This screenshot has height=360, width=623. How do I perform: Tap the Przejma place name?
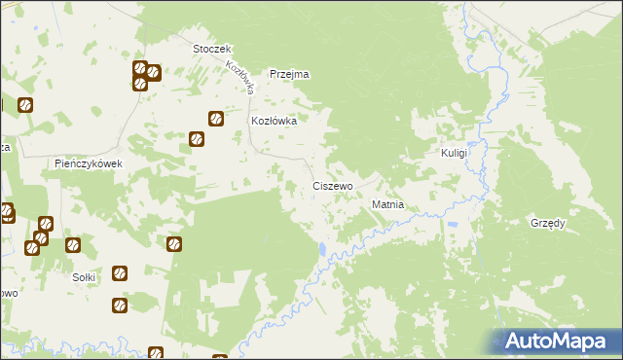point(289,74)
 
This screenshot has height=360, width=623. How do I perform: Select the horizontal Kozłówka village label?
point(274,122)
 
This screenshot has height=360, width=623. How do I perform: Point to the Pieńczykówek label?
point(88,163)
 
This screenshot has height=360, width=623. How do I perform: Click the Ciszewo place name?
point(332,185)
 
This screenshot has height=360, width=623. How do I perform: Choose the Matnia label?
point(387,205)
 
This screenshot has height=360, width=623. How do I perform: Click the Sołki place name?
point(85,277)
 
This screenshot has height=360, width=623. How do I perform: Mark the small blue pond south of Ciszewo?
point(322,250)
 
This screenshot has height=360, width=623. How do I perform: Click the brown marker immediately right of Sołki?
point(120,274)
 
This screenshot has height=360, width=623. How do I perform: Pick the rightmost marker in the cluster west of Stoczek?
point(154,72)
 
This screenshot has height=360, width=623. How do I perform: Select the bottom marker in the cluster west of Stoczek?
point(140,83)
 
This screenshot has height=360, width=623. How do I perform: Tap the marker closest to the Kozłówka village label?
point(215,120)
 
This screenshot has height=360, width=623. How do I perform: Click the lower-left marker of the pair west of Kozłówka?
point(197,138)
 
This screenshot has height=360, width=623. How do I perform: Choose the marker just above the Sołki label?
point(72,244)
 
